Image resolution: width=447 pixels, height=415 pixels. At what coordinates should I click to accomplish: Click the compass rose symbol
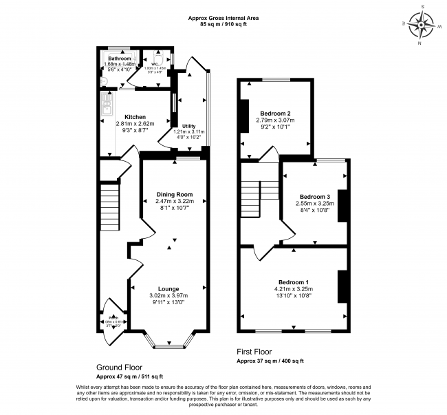[x=420, y=25]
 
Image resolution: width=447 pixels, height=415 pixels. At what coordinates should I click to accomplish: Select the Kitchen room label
[x=135, y=117]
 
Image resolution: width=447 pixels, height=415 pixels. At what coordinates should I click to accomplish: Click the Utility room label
[x=190, y=126]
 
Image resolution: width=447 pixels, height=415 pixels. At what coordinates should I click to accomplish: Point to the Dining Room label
[x=174, y=194]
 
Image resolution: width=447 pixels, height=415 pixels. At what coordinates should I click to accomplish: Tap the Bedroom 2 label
[x=275, y=113]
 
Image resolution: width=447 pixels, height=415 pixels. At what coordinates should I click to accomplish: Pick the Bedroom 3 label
[x=314, y=196]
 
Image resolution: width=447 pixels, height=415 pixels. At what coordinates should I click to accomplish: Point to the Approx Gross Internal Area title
[x=224, y=17]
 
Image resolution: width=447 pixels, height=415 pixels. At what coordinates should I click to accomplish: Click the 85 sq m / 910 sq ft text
[x=224, y=25]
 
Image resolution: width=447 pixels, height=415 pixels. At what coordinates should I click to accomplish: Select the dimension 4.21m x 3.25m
[x=293, y=290]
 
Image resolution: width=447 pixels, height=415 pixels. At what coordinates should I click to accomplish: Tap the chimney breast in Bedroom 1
[x=342, y=287]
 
